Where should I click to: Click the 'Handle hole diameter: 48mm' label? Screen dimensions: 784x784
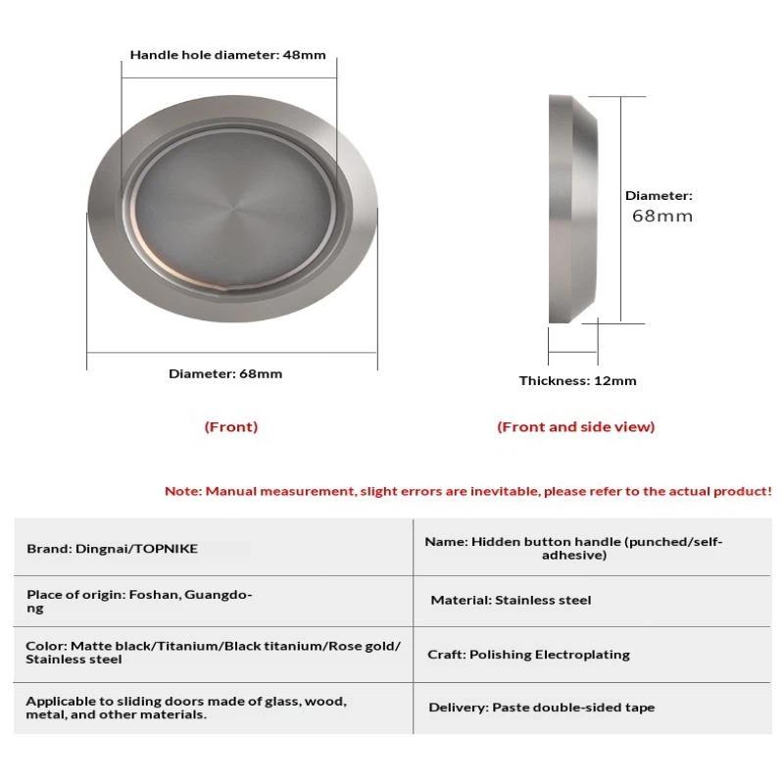click(227, 55)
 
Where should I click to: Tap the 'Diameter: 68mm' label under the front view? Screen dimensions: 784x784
click(225, 373)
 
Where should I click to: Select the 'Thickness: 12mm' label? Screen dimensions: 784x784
click(577, 380)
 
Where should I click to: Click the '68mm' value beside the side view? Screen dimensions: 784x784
click(661, 216)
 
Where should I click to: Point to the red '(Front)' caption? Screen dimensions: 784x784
click(231, 426)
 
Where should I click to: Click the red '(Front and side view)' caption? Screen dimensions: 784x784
click(575, 426)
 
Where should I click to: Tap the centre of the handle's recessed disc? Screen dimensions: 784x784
click(231, 208)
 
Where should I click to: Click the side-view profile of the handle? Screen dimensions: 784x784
click(572, 208)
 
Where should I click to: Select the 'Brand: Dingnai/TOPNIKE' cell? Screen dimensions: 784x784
click(112, 549)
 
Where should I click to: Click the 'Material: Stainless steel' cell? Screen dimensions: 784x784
click(511, 600)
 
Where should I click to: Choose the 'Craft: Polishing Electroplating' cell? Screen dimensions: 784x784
click(528, 654)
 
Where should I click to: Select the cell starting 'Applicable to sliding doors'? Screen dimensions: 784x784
click(186, 708)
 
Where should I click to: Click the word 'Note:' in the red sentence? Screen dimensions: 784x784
click(182, 491)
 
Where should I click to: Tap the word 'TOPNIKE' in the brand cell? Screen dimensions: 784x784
click(166, 549)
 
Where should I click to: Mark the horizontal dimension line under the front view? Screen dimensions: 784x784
click(231, 354)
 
